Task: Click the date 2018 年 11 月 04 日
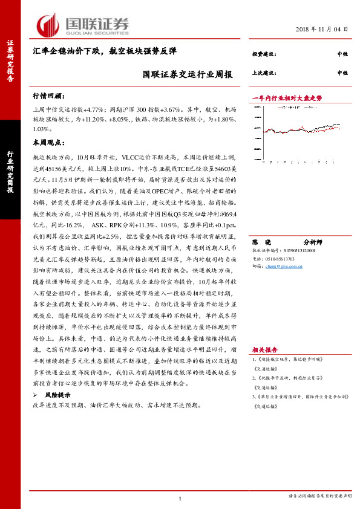(322, 29)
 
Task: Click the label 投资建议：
(263, 55)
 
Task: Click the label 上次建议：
(263, 72)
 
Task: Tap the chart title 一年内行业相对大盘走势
(287, 97)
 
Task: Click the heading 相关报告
(265, 349)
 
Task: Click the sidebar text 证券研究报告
(10, 60)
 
